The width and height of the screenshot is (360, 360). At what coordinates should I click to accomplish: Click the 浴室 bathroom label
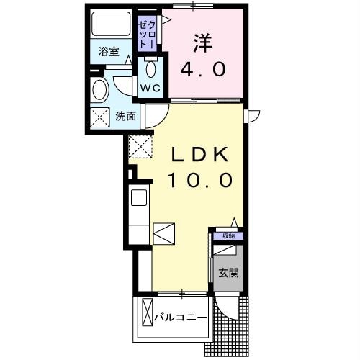tap(109, 52)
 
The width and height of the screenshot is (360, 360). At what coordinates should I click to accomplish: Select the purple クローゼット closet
tap(147, 33)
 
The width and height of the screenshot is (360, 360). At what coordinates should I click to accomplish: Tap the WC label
tap(150, 88)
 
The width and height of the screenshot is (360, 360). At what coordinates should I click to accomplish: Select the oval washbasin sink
tap(100, 91)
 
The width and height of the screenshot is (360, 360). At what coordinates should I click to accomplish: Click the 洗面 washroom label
tap(126, 114)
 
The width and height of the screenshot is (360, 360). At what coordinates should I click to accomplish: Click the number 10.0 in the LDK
tap(200, 179)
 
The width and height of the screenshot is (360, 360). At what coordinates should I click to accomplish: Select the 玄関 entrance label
tap(228, 273)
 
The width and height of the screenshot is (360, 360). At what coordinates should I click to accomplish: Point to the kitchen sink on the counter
tap(138, 196)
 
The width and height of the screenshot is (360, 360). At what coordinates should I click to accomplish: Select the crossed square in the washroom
tap(99, 115)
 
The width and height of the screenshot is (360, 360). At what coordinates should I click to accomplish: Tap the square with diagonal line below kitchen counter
tap(163, 233)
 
